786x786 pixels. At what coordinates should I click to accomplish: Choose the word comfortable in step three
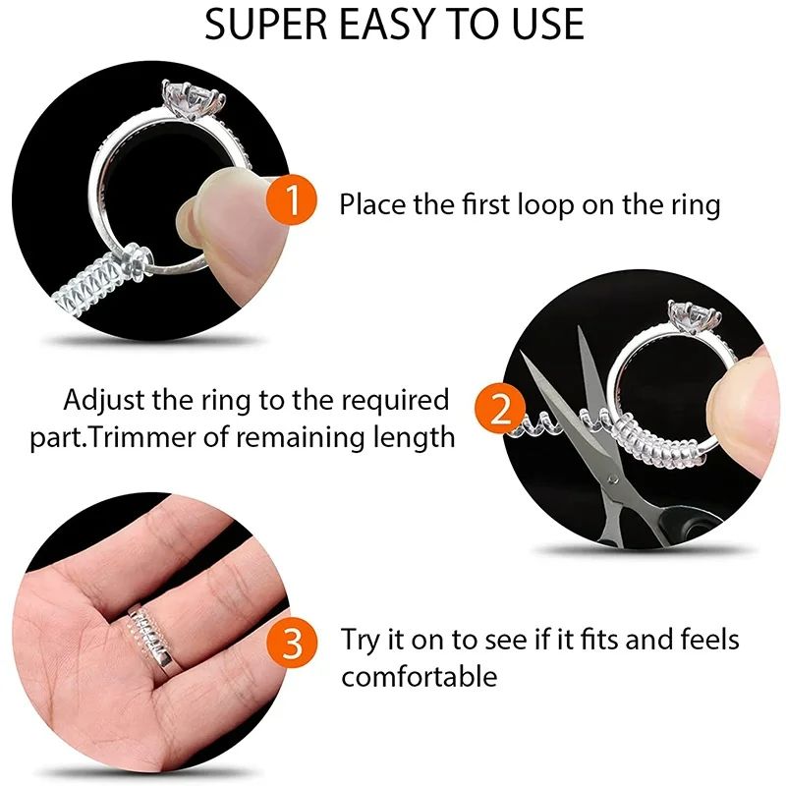pos(420,676)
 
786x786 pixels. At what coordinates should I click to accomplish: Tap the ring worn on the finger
pos(153,634)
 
